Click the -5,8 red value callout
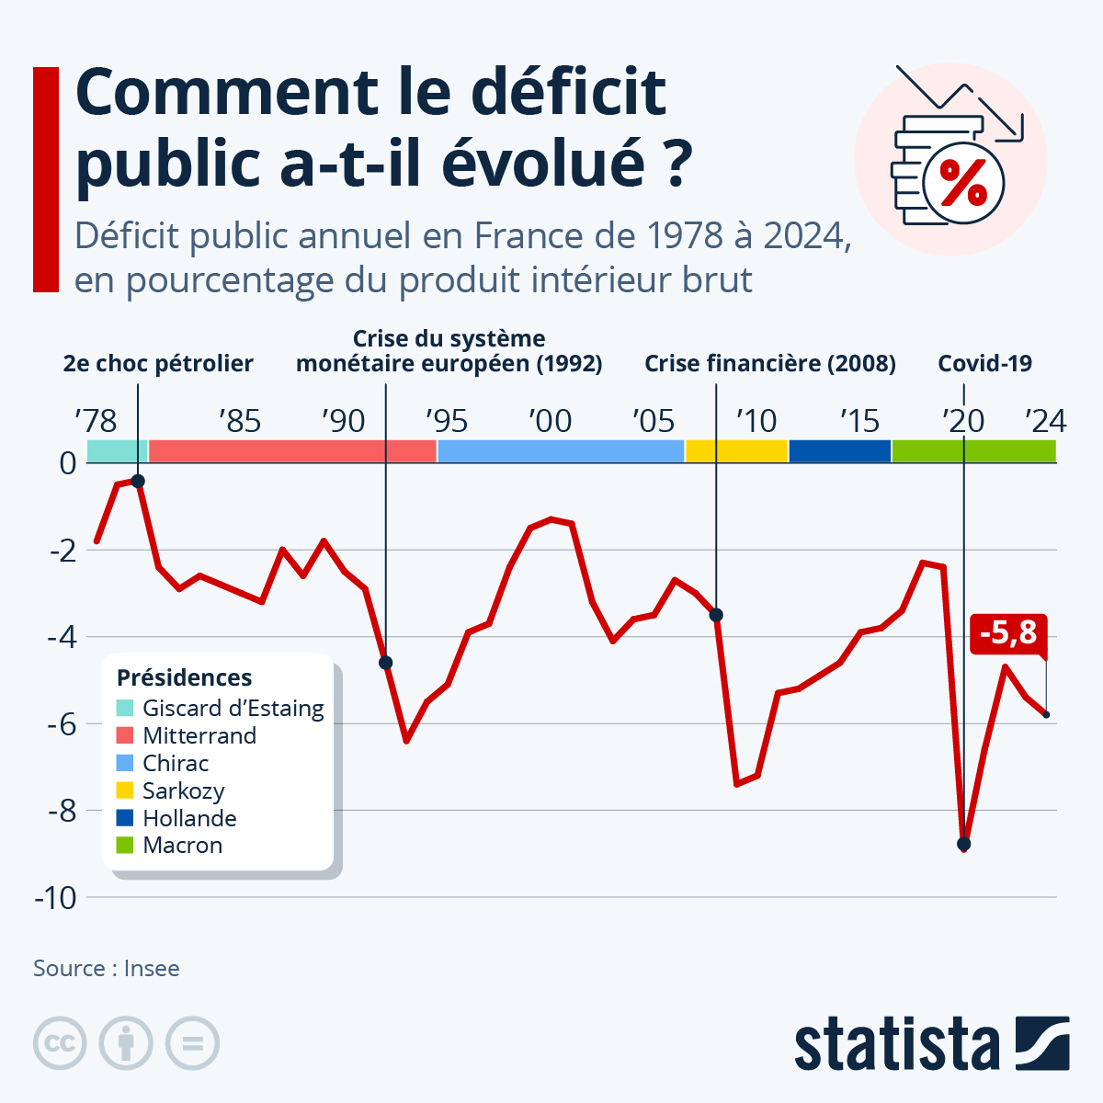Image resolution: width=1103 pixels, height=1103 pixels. click(x=1007, y=633)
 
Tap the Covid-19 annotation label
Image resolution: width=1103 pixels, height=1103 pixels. click(x=984, y=364)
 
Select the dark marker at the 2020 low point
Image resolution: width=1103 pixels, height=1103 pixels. click(x=963, y=844)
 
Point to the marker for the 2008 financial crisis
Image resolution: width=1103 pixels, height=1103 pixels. click(x=716, y=615)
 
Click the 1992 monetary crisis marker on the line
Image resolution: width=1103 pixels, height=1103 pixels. click(x=385, y=663)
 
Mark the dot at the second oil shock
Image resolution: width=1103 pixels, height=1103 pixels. click(x=138, y=481)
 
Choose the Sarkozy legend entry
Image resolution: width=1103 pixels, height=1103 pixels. click(x=183, y=790)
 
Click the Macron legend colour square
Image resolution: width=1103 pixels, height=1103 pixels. click(x=125, y=845)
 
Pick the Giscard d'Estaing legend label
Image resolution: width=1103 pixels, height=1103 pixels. click(x=233, y=709)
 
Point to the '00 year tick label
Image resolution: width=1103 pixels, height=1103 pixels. click(x=550, y=422)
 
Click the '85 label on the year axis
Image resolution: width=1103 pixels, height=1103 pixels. click(x=240, y=422)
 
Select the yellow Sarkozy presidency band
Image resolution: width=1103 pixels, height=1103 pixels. click(x=736, y=451)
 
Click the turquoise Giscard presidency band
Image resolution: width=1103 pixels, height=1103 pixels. click(x=117, y=451)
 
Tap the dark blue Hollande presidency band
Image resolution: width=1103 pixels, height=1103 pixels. click(x=839, y=451)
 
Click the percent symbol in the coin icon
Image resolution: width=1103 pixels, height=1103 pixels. click(x=963, y=182)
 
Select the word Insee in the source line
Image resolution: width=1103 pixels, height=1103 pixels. click(x=152, y=969)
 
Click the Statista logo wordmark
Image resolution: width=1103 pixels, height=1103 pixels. click(x=896, y=1044)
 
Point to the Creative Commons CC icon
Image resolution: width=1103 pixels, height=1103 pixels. click(x=60, y=1043)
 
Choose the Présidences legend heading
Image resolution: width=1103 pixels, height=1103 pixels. click(x=184, y=678)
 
